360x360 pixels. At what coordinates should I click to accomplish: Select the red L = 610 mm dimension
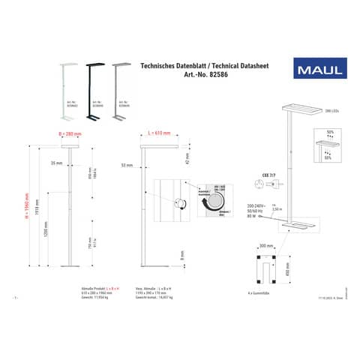click(x=157, y=132)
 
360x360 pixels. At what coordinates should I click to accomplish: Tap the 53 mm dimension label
click(x=126, y=163)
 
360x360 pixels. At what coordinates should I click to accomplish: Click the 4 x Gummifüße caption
click(x=259, y=293)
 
